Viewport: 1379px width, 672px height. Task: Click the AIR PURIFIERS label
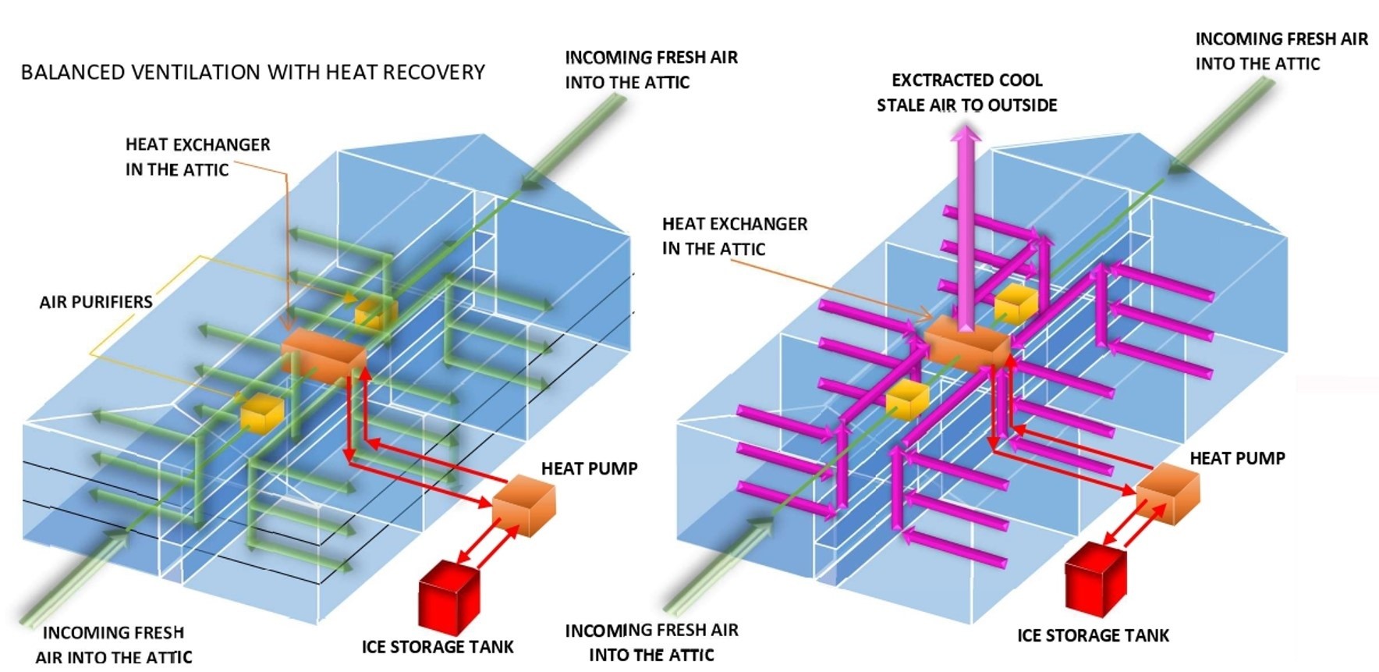[96, 302]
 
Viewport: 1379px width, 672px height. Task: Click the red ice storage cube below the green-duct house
[448, 596]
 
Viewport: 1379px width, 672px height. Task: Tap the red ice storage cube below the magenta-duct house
[1096, 580]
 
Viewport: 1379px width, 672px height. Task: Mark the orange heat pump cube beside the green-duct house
[525, 507]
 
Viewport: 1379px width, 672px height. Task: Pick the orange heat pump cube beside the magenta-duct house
[1168, 492]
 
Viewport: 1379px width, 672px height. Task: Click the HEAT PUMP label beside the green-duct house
[590, 468]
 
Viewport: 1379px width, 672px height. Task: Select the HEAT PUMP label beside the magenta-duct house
[1237, 458]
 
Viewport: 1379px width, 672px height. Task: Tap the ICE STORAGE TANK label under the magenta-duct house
[1093, 635]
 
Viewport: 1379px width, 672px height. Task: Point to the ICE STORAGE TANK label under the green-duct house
[438, 647]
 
